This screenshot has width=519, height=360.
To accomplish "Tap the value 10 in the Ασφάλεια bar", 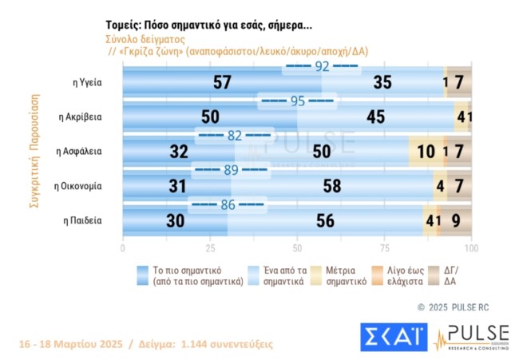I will [426, 152].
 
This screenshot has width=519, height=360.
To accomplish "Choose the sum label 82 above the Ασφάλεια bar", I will [234, 136].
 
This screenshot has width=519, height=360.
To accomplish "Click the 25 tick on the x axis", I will [209, 248].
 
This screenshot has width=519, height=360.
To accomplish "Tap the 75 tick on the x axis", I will [384, 248].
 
